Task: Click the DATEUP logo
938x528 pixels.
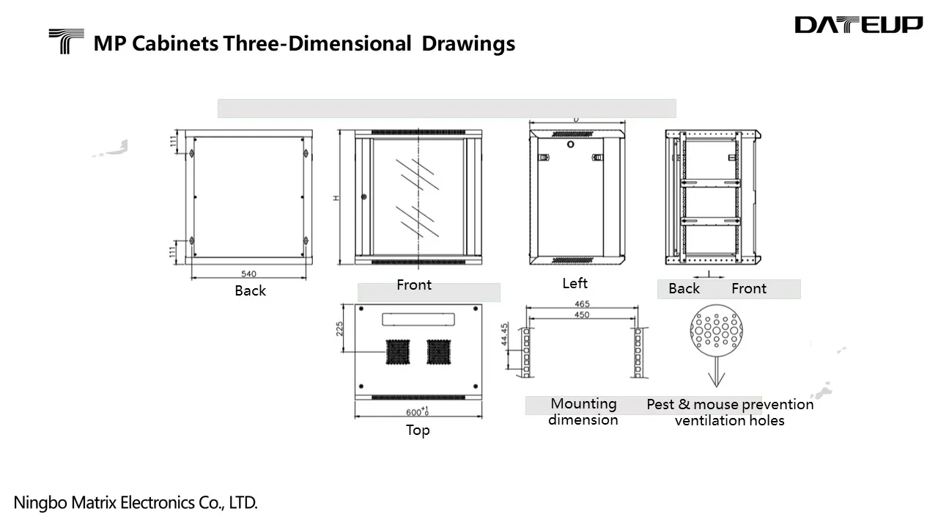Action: point(858,24)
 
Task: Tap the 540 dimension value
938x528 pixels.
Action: point(248,274)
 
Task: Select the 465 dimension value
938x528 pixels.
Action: point(582,304)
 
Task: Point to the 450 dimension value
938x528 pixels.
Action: point(582,315)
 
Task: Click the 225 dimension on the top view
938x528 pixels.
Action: point(339,329)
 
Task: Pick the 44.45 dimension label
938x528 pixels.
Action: point(505,334)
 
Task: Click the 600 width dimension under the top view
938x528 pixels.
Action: point(417,411)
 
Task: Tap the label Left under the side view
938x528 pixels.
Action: point(575,283)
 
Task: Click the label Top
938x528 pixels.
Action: point(418,430)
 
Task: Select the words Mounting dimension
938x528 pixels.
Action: point(583,411)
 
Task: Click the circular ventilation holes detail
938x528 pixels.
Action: point(717,331)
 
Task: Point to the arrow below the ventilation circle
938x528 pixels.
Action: point(717,372)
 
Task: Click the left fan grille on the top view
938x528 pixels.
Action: point(397,352)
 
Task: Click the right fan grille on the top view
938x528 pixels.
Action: point(438,352)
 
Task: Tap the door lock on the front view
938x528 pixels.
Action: point(363,197)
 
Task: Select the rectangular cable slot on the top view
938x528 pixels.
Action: point(418,319)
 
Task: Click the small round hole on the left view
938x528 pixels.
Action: point(570,144)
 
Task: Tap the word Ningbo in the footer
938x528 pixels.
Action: point(40,503)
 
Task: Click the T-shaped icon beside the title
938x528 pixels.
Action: point(66,41)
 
